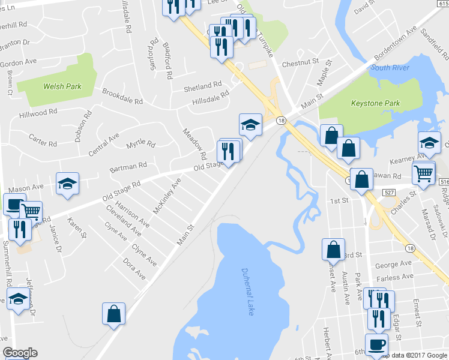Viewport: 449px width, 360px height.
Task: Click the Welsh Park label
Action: click(x=62, y=86)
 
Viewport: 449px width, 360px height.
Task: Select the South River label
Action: click(x=390, y=67)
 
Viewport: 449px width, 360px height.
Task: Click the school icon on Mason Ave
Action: click(x=68, y=184)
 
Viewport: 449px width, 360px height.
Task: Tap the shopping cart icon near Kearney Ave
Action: click(x=424, y=174)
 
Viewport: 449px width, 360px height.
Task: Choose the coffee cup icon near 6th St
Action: click(x=376, y=345)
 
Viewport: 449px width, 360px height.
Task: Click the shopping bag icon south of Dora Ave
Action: click(x=113, y=314)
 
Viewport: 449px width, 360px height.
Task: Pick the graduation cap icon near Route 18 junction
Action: click(x=250, y=125)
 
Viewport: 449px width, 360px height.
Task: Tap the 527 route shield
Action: click(x=390, y=191)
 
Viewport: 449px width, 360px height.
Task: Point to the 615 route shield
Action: click(x=442, y=4)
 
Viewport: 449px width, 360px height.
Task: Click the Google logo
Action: click(x=19, y=353)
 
